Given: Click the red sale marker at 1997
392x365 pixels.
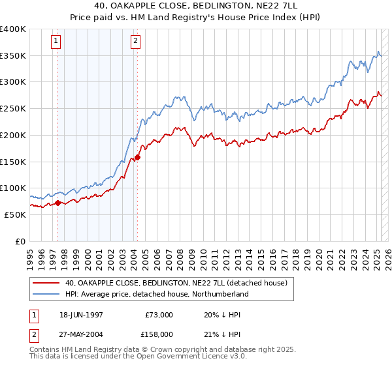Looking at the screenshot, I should coord(57,203).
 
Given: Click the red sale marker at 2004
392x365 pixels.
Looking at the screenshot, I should coord(137,157).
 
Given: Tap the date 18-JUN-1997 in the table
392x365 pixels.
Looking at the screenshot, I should coord(81,314).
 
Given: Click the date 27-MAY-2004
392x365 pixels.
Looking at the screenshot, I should coord(81,334).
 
